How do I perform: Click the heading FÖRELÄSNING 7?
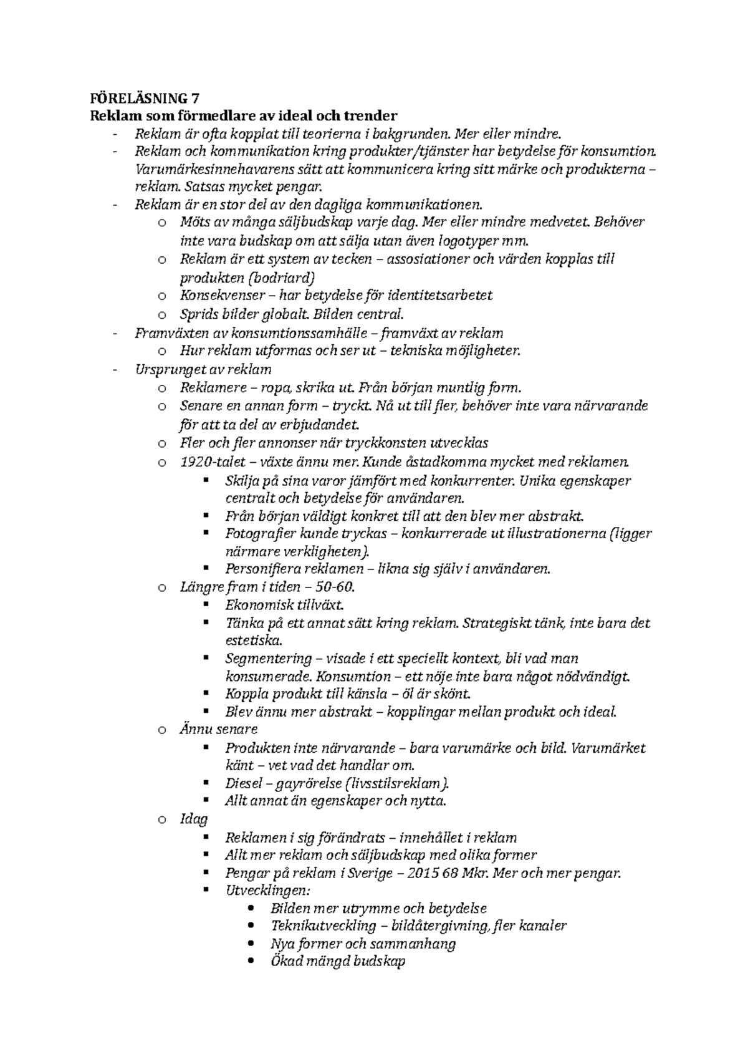[145, 98]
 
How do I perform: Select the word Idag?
[193, 819]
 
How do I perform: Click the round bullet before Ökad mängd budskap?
[251, 961]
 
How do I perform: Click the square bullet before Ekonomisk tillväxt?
[206, 605]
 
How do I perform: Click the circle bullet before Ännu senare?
[162, 730]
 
